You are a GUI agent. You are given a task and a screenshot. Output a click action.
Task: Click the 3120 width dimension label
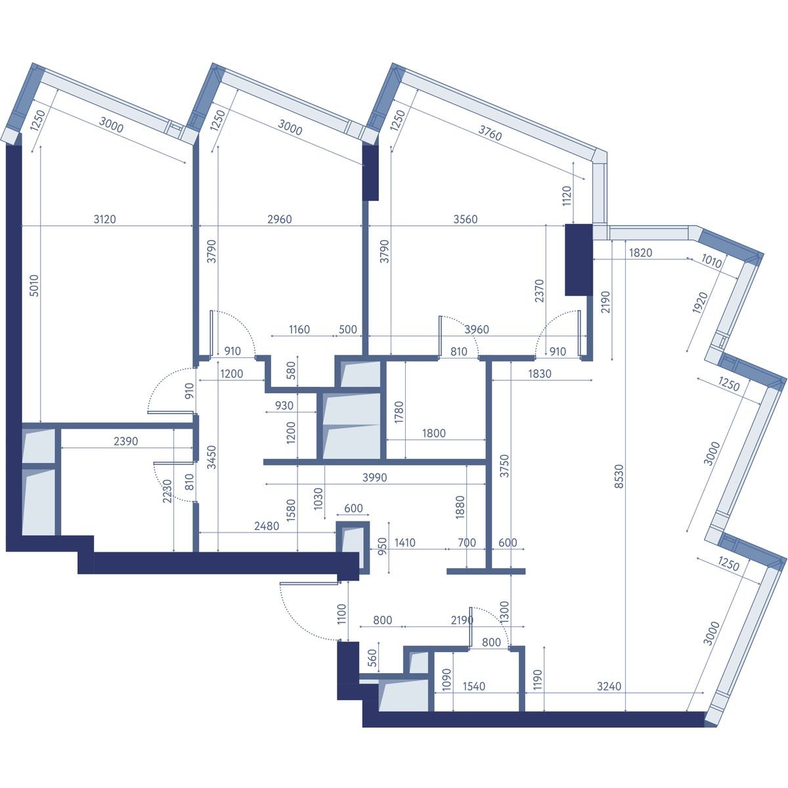click(x=104, y=219)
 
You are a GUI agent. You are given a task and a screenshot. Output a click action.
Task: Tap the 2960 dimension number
click(x=280, y=219)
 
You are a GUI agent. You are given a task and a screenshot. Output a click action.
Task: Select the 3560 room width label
click(x=466, y=219)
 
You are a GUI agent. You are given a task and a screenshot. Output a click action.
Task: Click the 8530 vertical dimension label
click(x=619, y=476)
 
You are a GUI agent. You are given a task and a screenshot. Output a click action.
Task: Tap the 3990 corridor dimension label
click(x=374, y=477)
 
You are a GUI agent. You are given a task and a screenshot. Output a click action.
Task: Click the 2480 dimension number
click(x=267, y=526)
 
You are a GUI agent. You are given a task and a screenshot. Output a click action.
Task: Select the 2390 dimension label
click(x=125, y=441)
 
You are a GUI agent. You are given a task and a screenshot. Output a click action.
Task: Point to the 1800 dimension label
click(x=433, y=433)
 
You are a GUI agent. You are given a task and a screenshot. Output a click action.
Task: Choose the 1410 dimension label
click(x=405, y=542)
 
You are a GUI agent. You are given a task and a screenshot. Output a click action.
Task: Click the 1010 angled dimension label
click(x=712, y=261)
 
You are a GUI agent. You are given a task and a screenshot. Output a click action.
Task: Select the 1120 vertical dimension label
click(x=566, y=196)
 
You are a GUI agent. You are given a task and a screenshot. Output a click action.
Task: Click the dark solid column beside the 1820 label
click(x=579, y=259)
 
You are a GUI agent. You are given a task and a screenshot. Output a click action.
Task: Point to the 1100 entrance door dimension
click(x=341, y=614)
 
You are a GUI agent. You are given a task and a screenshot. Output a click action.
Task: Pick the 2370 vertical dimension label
click(x=539, y=290)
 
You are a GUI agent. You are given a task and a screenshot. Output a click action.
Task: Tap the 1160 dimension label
click(x=299, y=329)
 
